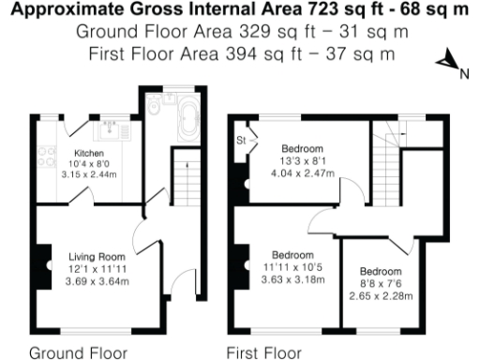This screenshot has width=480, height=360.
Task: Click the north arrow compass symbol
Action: [x=449, y=65]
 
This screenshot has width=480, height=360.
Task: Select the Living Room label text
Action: [x=97, y=255]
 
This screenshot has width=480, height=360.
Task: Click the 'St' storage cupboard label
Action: [x=242, y=141]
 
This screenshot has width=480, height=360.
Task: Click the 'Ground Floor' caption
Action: [x=71, y=352]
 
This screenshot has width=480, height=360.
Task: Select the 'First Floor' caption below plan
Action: [x=264, y=352]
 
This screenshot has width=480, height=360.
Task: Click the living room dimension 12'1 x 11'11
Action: [x=97, y=267]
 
